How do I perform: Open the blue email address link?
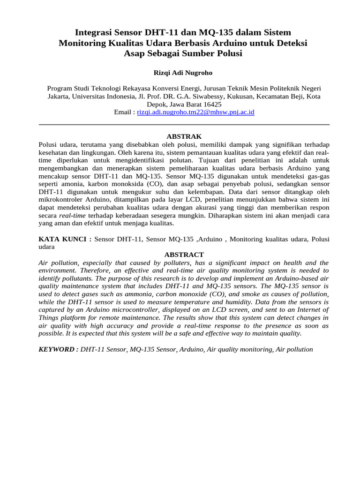click(195, 112)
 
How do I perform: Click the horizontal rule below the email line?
click(183, 125)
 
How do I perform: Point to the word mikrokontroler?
click(61, 200)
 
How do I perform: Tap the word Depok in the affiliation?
click(157, 105)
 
